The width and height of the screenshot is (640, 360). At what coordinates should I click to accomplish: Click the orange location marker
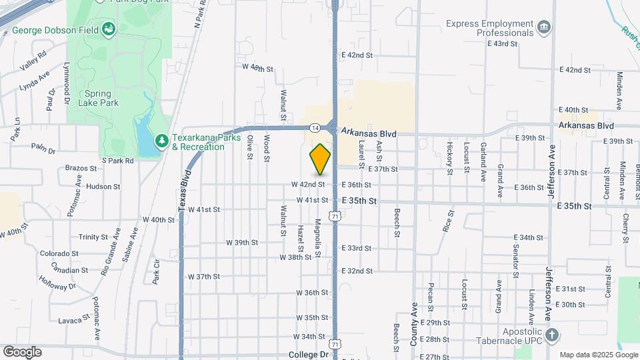321,159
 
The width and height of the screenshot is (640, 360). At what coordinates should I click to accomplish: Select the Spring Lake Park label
101,98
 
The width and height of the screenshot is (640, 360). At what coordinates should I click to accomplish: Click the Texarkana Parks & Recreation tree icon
161,141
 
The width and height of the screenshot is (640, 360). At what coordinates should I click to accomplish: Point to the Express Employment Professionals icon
545,27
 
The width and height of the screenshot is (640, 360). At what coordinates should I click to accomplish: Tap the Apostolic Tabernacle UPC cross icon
551,335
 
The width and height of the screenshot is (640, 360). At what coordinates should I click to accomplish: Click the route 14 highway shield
315,127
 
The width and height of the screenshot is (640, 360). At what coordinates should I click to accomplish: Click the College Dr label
309,355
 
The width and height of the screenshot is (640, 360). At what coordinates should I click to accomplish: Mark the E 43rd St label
503,43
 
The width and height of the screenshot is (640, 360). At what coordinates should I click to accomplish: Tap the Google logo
22,351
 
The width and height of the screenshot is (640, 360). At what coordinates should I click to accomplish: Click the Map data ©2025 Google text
598,355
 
